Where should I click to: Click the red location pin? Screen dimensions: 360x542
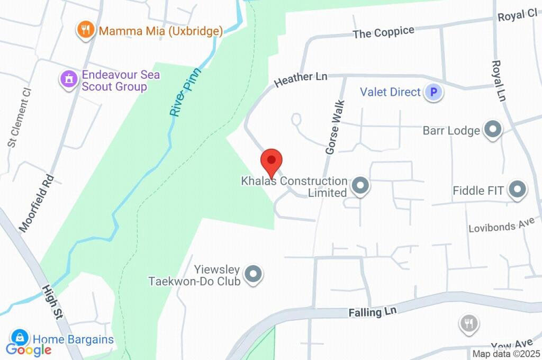point(272,160)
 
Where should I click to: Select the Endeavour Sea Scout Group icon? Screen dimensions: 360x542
point(68,80)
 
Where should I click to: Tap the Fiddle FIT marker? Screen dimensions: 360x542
point(517,190)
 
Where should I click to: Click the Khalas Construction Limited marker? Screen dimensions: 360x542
point(360,186)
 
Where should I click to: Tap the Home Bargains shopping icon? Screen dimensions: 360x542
point(20,338)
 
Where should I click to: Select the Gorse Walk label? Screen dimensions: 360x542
point(335,127)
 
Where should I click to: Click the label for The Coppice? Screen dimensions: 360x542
point(383,32)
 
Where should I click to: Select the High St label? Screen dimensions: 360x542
point(52,302)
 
